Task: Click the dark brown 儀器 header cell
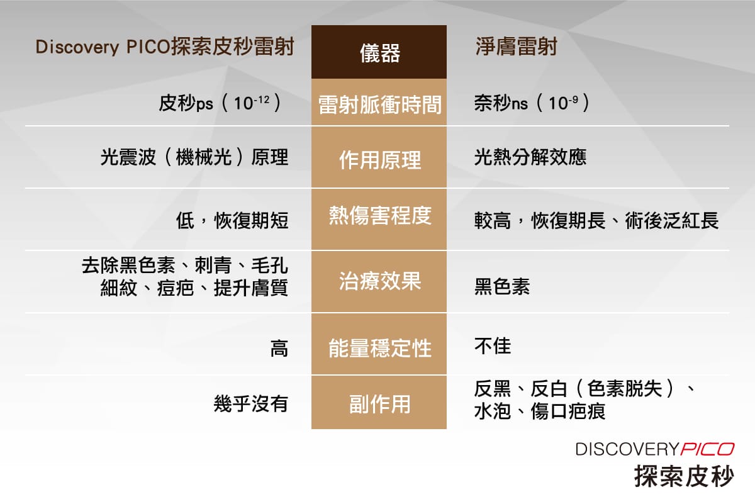pos(379,53)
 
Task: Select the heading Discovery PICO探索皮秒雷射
pos(165,48)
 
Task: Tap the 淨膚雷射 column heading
pos(515,48)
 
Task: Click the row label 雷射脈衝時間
pos(379,104)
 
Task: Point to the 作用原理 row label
pos(379,160)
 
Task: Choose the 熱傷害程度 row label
pos(379,216)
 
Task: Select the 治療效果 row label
pos(379,281)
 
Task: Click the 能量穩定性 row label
pos(379,348)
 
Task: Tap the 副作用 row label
pos(379,404)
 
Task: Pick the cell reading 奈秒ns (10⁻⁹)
pos(532,103)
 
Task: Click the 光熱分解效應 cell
pos(530,157)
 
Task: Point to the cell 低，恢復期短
pos(232,221)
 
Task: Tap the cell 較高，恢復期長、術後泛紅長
pos(596,221)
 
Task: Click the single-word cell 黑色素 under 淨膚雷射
pos(501,287)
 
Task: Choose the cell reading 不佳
pos(492,345)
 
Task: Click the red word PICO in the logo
pos(707,449)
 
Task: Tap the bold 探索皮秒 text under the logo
pos(683,475)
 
